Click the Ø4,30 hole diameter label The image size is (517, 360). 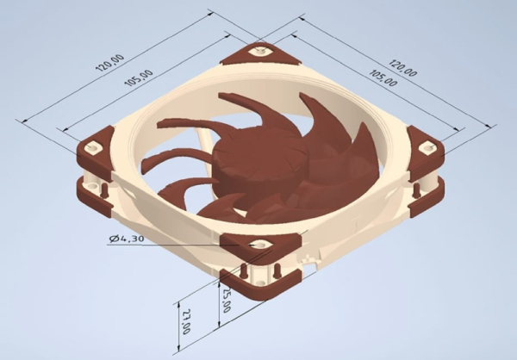[x=128, y=238]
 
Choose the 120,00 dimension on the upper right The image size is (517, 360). [x=402, y=68]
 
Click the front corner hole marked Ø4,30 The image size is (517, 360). [x=255, y=245]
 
